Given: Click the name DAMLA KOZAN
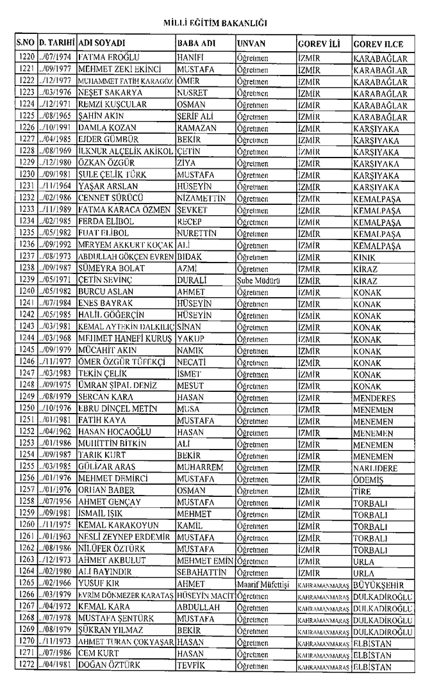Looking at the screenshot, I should click(x=103, y=128).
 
